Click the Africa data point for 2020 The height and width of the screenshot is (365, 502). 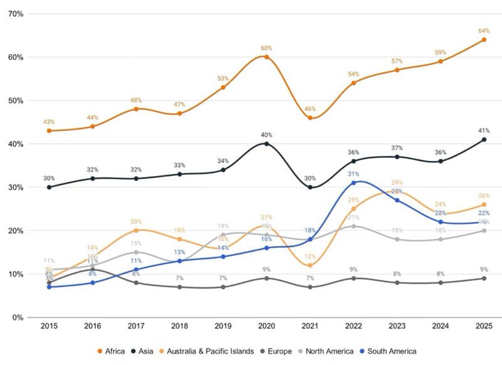click(x=266, y=57)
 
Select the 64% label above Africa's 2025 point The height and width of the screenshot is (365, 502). click(x=483, y=30)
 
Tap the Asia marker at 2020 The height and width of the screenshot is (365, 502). click(x=266, y=144)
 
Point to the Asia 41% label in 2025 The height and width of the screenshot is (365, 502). click(x=483, y=130)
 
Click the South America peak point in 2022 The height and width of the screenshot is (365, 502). click(x=353, y=182)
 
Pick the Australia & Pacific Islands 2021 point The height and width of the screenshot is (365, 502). click(x=309, y=265)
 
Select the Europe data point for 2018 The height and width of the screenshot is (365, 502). click(x=179, y=287)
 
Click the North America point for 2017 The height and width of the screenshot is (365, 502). click(x=136, y=252)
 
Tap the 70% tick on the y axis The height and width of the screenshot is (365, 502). click(x=15, y=14)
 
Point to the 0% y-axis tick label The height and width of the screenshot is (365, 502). click(x=18, y=317)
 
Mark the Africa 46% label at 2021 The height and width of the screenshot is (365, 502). click(x=309, y=109)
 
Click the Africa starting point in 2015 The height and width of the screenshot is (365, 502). click(x=50, y=130)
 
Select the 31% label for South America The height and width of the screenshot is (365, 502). click(x=353, y=174)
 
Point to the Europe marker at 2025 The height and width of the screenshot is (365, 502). click(x=483, y=278)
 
